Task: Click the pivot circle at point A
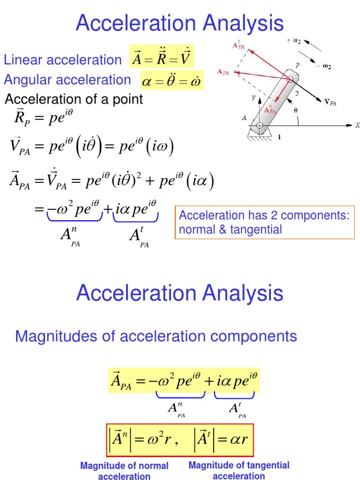pos(259,126)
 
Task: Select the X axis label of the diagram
pos(357,125)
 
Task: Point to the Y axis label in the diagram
pos(254,98)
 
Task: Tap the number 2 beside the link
pos(295,94)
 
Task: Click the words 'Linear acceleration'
pos(62,60)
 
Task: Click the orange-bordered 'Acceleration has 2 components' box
pos(265,223)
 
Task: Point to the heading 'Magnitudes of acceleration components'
pos(156,336)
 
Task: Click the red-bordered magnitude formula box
pos(180,440)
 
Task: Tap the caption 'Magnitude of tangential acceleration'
pos(239,470)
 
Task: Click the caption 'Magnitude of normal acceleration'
pos(124,471)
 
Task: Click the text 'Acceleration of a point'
pos(74,99)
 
